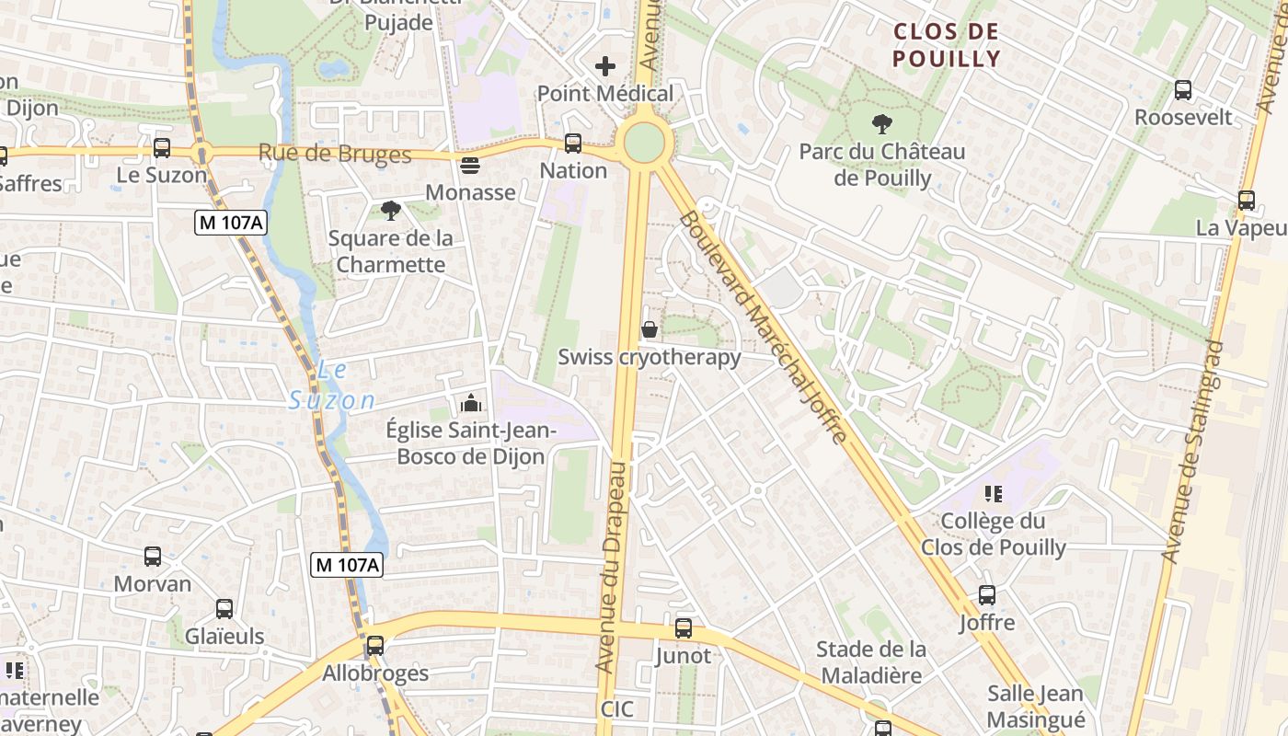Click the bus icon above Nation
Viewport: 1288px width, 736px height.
[x=573, y=143]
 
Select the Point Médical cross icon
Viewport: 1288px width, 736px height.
[x=605, y=66]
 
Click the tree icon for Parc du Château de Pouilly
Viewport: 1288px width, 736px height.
[x=882, y=123]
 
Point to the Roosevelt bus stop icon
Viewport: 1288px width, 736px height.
[x=1183, y=90]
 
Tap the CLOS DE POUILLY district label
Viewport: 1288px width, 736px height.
[x=947, y=45]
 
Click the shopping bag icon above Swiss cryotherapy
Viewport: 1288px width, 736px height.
[x=650, y=329]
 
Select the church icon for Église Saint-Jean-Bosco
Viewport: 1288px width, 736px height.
[x=470, y=403]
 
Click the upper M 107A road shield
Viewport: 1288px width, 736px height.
[x=231, y=222]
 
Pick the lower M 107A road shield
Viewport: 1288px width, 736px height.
[x=346, y=565]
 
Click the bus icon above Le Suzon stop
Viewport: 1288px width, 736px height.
[x=162, y=147]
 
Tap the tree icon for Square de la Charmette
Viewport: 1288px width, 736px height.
[x=391, y=211]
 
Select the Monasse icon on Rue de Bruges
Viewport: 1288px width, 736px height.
[x=470, y=166]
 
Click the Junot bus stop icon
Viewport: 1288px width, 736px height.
[x=683, y=628]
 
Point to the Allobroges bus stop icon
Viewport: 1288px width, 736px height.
[x=374, y=646]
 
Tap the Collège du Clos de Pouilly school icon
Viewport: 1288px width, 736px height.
[x=994, y=494]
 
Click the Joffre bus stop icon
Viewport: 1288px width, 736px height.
[x=987, y=595]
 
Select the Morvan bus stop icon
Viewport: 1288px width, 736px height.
[x=153, y=557]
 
